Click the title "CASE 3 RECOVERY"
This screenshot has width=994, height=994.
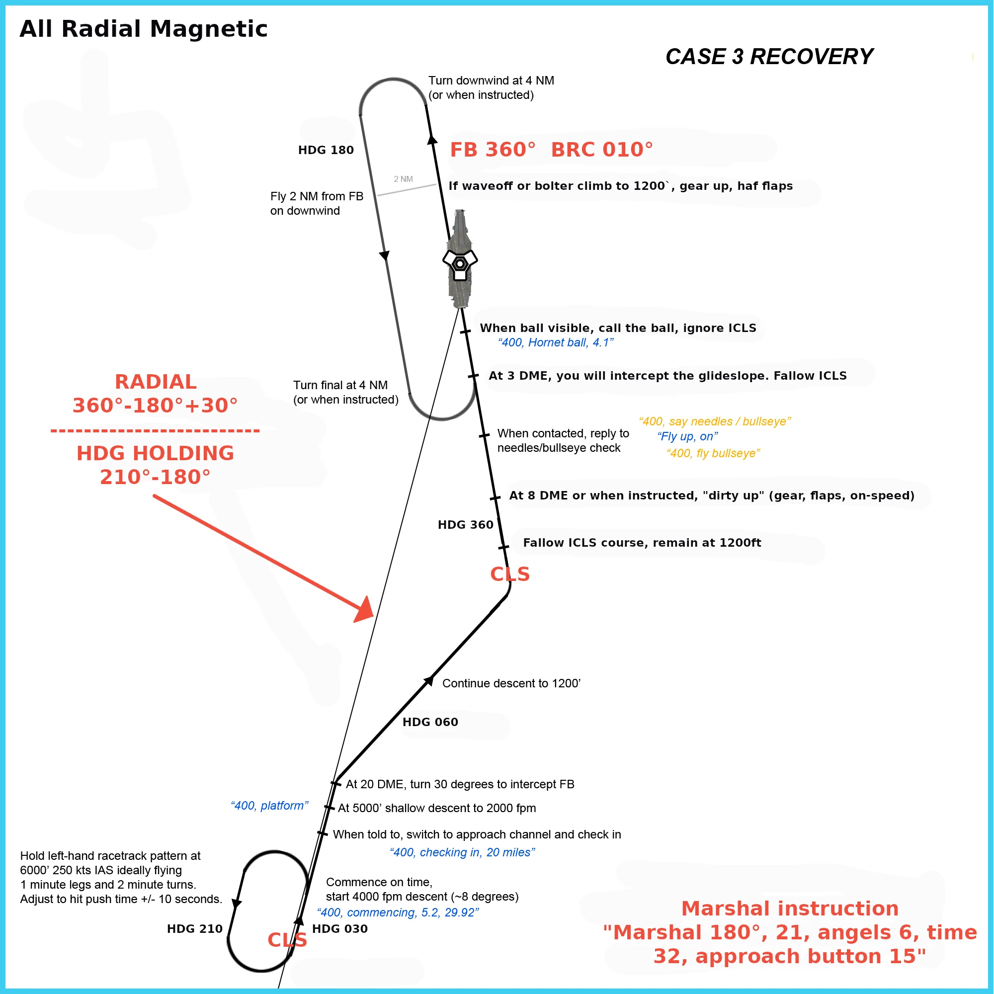tap(769, 57)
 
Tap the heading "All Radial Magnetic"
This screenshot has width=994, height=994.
tap(144, 29)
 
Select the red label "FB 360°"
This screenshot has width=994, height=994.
tap(493, 150)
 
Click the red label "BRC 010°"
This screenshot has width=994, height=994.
tap(601, 150)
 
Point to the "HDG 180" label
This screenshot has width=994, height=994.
tap(326, 150)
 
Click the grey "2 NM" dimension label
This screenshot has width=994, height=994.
tap(403, 179)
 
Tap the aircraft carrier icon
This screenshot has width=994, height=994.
tap(460, 260)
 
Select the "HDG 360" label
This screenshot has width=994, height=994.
tap(465, 525)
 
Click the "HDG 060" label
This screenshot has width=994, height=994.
tap(430, 722)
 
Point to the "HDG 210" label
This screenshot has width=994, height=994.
tap(194, 929)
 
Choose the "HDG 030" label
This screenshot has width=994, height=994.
tap(339, 929)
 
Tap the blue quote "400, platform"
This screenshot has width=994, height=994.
tap(269, 806)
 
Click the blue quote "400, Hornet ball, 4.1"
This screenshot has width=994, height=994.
tap(556, 342)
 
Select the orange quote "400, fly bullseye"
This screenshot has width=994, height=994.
tap(713, 453)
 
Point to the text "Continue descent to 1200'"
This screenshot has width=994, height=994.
tap(511, 683)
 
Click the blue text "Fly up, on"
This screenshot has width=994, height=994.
tap(687, 436)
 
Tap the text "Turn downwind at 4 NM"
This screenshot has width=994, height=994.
tap(491, 81)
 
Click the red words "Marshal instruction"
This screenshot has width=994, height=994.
tap(790, 909)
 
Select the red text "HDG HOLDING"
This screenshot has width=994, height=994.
tap(155, 453)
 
